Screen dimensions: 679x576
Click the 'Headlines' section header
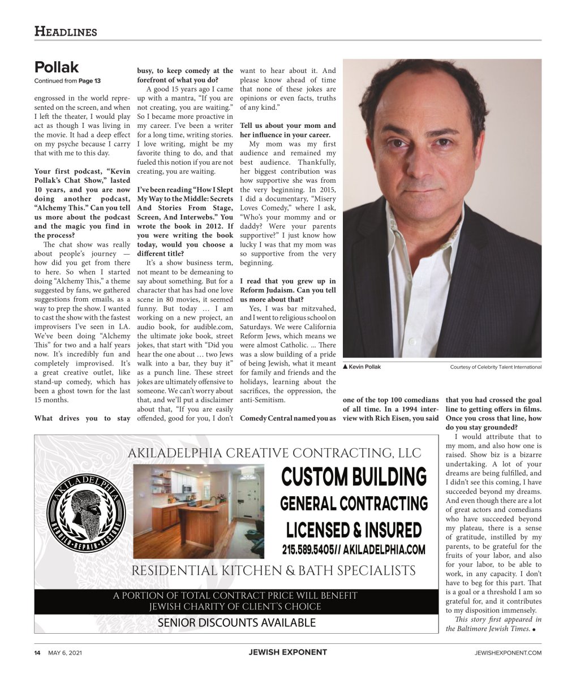pos(66,32)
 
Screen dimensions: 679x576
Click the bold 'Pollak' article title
pos(56,67)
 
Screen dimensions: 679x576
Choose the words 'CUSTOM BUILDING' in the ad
pos(354,477)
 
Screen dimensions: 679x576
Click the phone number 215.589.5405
pos(310,549)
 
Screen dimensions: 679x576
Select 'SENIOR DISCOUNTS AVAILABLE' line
pos(237,623)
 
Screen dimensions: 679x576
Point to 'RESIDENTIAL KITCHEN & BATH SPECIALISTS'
pos(273,570)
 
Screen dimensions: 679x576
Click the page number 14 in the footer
pos(37,652)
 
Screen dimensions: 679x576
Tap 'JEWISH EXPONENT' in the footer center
pos(287,652)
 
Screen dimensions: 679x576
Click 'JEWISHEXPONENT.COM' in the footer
pos(508,653)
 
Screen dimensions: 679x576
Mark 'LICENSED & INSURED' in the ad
pos(354,530)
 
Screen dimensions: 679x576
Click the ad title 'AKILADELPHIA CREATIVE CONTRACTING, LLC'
pos(274,453)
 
